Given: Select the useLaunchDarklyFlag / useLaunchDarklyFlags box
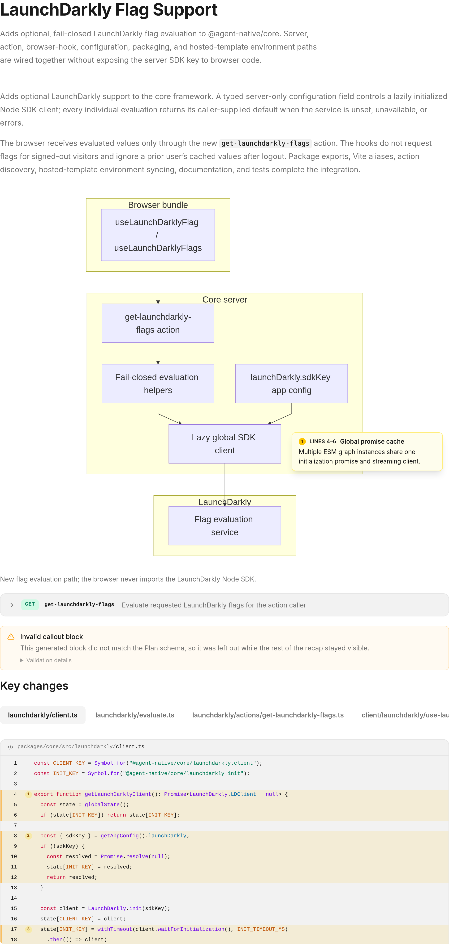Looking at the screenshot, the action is click(158, 235).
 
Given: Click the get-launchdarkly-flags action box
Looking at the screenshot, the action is click(158, 323).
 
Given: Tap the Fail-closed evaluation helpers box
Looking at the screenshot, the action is click(158, 384).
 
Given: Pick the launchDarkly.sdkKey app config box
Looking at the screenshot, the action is click(291, 384).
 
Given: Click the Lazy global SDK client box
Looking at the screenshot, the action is click(224, 444).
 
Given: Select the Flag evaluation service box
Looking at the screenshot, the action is click(224, 526).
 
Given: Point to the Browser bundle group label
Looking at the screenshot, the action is click(158, 205).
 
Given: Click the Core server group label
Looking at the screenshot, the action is click(224, 299).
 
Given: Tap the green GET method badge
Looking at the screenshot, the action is click(30, 604).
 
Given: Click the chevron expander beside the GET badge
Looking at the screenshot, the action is click(12, 605).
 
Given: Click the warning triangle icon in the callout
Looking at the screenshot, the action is click(11, 636).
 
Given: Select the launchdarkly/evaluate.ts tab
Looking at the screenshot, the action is click(135, 715).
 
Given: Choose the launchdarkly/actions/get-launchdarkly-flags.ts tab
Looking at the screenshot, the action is click(268, 715).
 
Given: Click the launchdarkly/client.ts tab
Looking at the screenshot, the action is click(43, 715).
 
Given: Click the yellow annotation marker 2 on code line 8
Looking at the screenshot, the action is click(28, 835).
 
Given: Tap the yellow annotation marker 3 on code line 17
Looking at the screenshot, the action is click(28, 929).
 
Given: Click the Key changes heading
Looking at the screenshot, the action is click(34, 686).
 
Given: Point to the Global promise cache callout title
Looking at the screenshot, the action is click(372, 442).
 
